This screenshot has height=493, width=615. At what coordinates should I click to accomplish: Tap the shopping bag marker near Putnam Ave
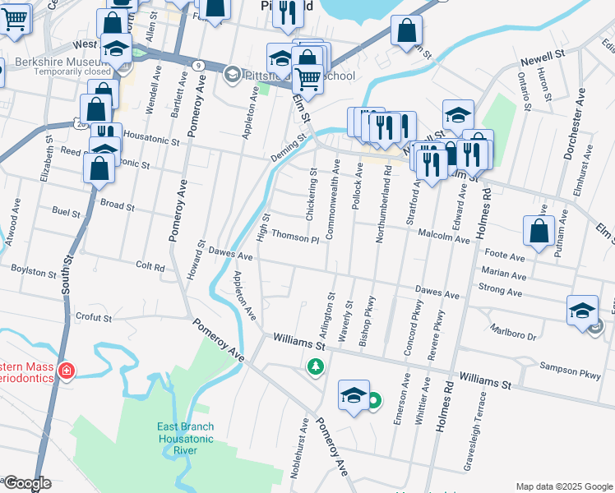539,231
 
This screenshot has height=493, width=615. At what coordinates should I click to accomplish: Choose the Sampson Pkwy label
569,371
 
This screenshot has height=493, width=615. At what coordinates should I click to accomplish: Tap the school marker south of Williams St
353,396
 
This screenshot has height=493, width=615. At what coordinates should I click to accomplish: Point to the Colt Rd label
150,267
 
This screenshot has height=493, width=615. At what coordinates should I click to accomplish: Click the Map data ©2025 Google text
563,486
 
